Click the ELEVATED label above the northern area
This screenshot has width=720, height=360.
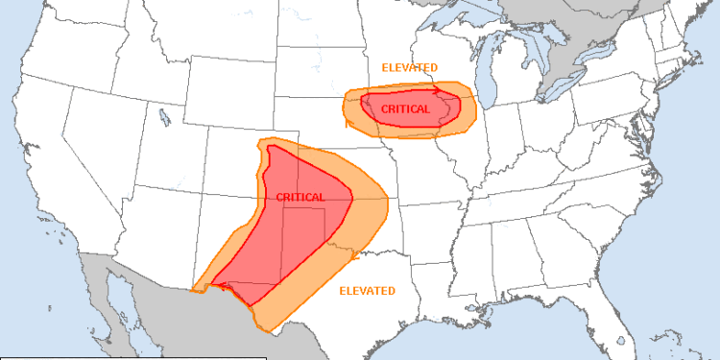coord(410,67)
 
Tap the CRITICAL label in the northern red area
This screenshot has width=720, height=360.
coord(406,109)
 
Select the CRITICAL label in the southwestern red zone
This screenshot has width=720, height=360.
coord(300,197)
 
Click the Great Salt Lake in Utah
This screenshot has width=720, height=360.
coord(169,119)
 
